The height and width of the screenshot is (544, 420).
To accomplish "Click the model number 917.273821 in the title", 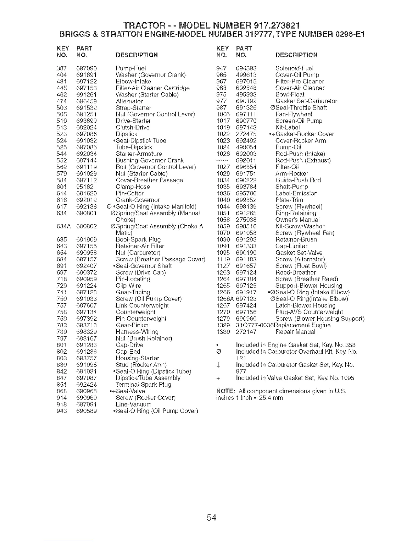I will click(x=277, y=25).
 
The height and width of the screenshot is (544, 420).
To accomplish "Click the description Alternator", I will click(x=129, y=101).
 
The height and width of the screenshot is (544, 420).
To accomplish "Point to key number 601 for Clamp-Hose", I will click(x=62, y=187).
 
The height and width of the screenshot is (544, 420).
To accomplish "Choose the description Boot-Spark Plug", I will click(x=138, y=239).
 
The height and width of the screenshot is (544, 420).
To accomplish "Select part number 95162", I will click(x=85, y=187).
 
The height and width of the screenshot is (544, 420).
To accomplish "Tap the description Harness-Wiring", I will click(x=137, y=332).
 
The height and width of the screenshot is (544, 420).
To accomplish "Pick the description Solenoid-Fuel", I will click(x=294, y=68).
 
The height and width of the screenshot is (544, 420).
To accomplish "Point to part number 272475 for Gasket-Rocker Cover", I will click(x=246, y=134).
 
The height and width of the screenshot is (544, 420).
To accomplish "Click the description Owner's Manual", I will click(x=297, y=219).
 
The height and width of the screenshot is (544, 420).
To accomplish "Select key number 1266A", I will click(x=225, y=299).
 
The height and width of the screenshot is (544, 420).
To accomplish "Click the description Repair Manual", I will click(x=295, y=332).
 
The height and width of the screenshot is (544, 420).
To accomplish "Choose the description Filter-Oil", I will click(x=287, y=167).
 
